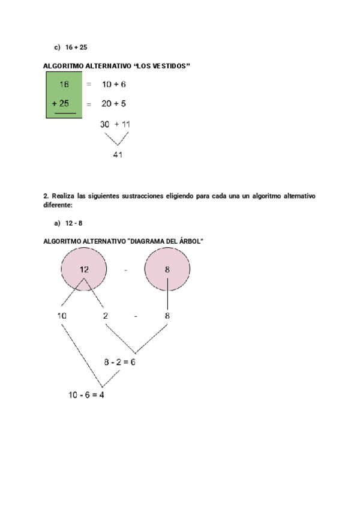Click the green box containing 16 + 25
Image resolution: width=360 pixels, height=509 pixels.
point(64,94)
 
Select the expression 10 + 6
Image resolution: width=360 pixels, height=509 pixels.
point(113,85)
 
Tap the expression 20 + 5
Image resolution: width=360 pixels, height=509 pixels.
point(113,104)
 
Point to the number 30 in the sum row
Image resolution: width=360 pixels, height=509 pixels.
point(105,124)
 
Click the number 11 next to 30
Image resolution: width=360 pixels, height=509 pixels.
point(126,124)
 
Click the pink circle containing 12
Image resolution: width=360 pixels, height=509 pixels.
point(84,270)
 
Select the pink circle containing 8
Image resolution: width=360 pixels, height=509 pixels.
point(167,270)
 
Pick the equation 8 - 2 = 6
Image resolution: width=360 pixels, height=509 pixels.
point(119,362)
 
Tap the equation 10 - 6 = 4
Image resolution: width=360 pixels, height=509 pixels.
point(86,395)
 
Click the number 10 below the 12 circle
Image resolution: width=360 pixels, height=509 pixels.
point(62,316)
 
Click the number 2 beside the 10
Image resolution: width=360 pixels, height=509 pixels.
point(106,316)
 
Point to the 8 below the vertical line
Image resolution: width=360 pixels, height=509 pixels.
point(167,316)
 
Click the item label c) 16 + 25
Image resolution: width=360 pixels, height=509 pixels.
point(71,46)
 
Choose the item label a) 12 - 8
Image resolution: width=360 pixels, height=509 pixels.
point(68,223)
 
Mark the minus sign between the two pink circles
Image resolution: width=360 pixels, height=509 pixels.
point(125,270)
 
